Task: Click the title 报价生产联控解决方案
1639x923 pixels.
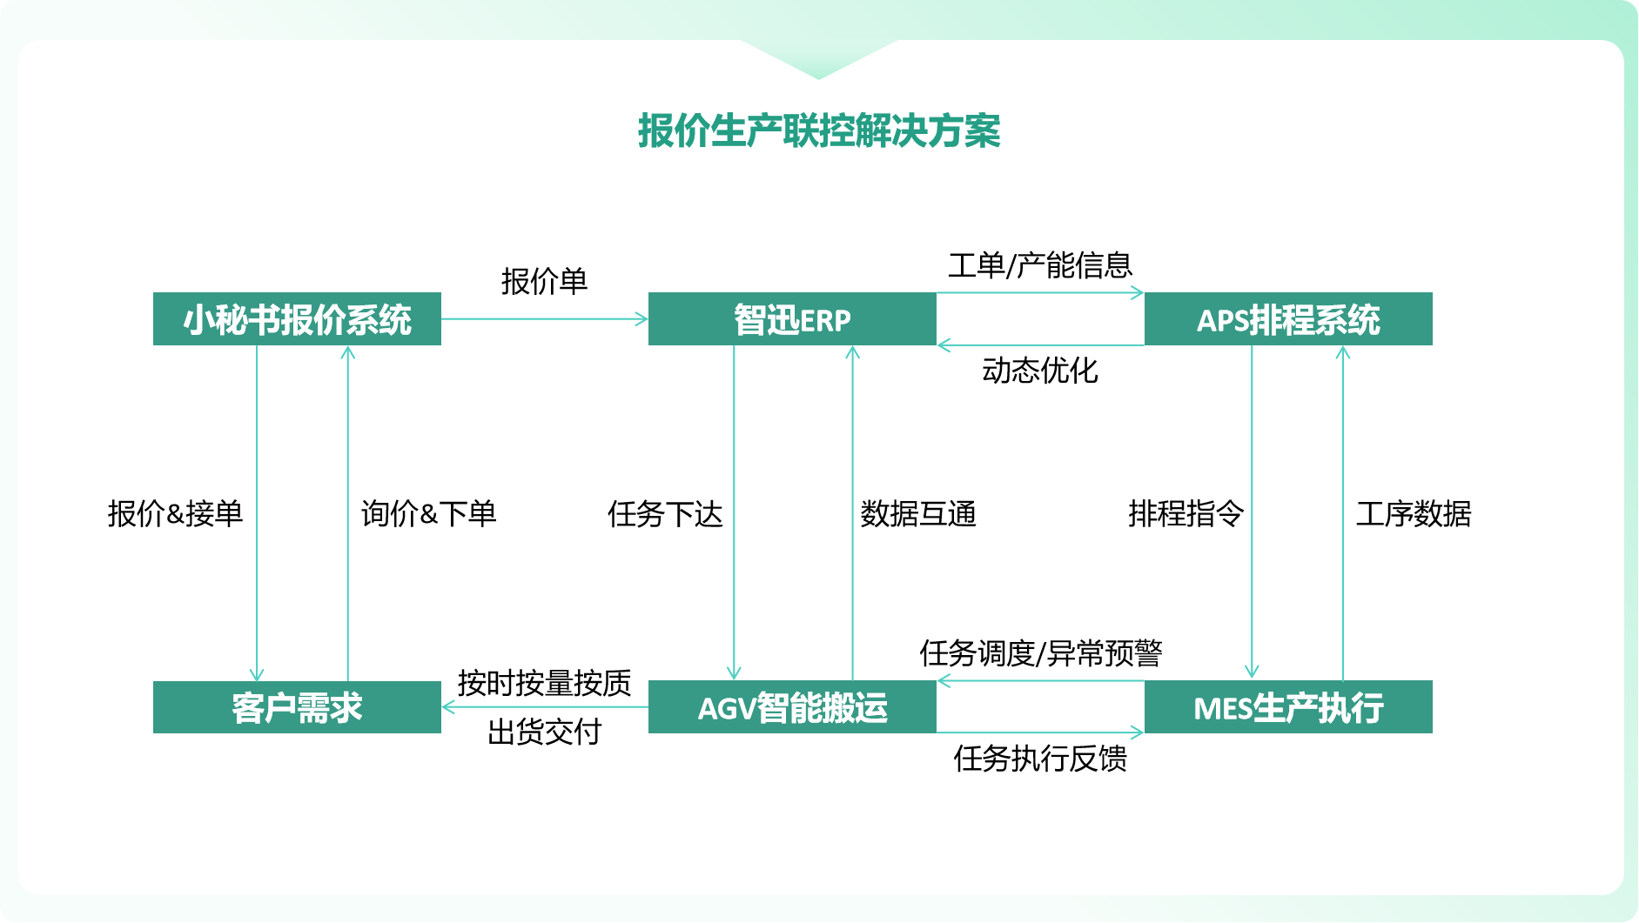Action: [818, 131]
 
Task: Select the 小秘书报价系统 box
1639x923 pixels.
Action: [297, 319]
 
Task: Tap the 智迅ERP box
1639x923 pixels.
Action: [792, 319]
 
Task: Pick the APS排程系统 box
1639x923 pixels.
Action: [1288, 319]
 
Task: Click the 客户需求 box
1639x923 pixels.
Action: [297, 707]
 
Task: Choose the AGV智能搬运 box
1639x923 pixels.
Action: [792, 707]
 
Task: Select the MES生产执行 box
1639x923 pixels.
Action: [1288, 707]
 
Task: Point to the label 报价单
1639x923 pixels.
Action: [544, 281]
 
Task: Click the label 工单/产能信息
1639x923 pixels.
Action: [1040, 265]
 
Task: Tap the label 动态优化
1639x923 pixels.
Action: [1040, 371]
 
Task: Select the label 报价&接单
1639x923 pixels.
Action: [175, 513]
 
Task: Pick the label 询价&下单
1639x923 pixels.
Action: [428, 513]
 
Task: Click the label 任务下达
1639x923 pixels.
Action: [665, 514]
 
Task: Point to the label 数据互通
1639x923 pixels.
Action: [918, 514]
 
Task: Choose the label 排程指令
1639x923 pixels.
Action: [1186, 513]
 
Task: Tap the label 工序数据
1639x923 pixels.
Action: [1414, 514]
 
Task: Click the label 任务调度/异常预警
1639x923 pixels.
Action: [1041, 652]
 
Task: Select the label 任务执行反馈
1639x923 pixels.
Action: [1040, 759]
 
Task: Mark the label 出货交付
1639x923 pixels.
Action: [544, 732]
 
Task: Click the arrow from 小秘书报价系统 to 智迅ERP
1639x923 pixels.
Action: [544, 319]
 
